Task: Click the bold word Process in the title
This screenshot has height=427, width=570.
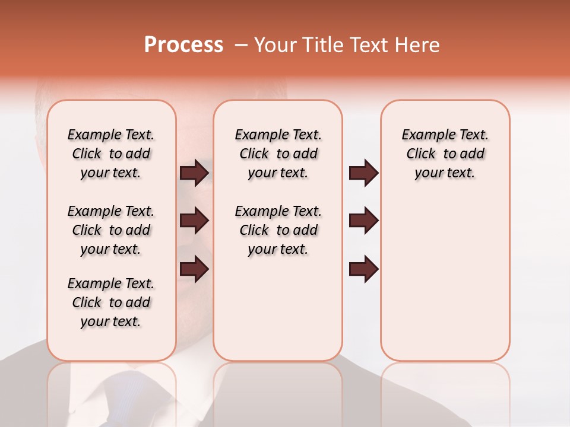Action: tap(183, 45)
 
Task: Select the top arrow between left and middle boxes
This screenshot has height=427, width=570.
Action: tap(194, 173)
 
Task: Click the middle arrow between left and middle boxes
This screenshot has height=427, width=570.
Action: tap(194, 221)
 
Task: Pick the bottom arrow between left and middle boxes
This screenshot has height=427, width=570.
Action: tap(194, 269)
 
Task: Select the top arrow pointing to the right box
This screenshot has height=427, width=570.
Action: tap(363, 173)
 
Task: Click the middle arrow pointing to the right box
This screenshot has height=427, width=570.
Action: tap(363, 221)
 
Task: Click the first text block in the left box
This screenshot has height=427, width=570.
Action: tap(111, 154)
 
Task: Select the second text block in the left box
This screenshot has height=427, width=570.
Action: tap(111, 230)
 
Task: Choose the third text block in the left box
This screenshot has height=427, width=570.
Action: tap(111, 302)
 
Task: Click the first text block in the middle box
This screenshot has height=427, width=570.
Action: tap(278, 154)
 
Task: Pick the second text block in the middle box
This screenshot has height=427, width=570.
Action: tap(278, 230)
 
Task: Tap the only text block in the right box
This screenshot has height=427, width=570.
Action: tap(445, 154)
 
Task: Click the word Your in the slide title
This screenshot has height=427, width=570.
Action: tap(275, 45)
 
